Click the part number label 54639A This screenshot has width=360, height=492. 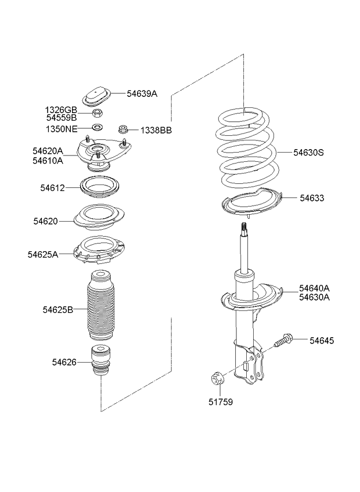click(142, 93)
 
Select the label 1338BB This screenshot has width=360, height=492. click(156, 131)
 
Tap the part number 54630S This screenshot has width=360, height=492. click(308, 153)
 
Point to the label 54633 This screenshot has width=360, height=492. click(312, 198)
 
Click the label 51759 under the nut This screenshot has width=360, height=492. click(221, 402)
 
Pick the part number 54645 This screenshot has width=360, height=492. click(322, 341)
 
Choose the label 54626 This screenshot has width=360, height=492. click(64, 363)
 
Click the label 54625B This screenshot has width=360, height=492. click(58, 310)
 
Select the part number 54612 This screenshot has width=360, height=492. click(52, 188)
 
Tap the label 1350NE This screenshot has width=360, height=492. click(62, 129)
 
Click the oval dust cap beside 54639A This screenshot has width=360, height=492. click(97, 95)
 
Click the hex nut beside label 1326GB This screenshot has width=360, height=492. click(98, 113)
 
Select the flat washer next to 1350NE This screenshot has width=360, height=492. click(98, 128)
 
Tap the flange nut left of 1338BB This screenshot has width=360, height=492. click(124, 129)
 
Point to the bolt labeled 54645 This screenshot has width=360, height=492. click(283, 341)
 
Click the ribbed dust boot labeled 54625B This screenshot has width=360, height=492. click(100, 306)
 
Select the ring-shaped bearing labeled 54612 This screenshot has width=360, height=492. click(100, 187)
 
